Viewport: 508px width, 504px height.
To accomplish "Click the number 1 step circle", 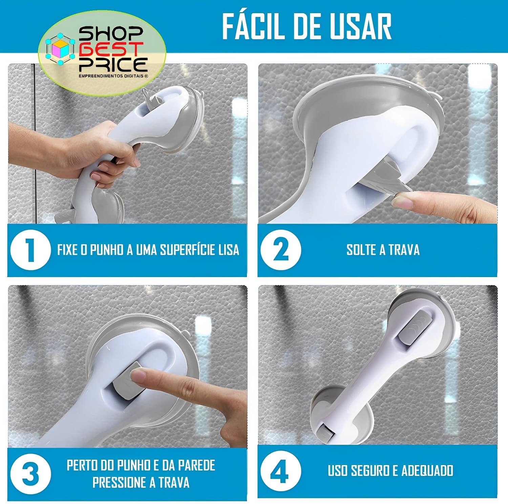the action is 30,250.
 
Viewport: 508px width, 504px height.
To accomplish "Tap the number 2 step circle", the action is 280,250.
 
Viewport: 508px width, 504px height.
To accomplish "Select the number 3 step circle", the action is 30,473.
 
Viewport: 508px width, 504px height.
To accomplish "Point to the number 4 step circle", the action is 280,471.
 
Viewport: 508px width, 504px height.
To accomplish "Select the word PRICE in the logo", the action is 113,64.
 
